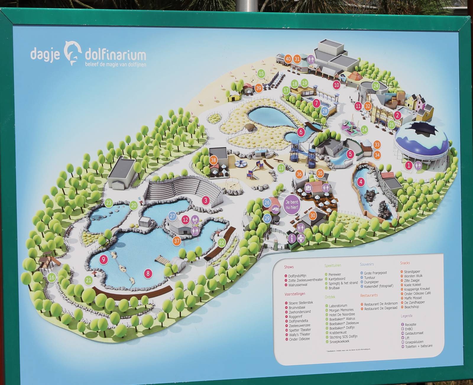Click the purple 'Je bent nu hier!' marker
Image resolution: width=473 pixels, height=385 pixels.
click(292, 204)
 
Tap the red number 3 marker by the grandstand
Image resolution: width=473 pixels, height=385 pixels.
click(206, 201)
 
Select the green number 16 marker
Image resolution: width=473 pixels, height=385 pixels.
click(52, 277)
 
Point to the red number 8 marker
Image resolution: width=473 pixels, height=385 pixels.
click(148, 273)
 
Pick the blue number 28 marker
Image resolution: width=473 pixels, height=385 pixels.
click(325, 111)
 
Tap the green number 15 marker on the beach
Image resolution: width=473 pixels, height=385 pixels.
click(261, 74)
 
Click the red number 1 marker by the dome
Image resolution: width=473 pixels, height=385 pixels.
click(409, 165)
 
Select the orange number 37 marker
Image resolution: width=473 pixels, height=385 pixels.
click(176, 241)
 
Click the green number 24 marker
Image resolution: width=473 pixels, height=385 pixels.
click(375, 86)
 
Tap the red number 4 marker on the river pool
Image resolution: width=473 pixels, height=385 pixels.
click(361, 182)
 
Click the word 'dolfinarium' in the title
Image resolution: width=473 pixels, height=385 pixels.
click(115, 55)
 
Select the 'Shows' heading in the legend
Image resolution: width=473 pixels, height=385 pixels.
click(289, 267)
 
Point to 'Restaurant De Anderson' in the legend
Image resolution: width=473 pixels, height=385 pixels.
click(381, 304)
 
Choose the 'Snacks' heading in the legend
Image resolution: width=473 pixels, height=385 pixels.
click(405, 263)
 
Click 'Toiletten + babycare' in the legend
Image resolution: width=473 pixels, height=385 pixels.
click(419, 346)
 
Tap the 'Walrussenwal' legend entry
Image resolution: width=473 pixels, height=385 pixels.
click(298, 285)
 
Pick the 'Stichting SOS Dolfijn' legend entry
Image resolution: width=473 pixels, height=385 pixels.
click(343, 337)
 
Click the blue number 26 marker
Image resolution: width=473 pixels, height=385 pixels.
click(267, 202)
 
